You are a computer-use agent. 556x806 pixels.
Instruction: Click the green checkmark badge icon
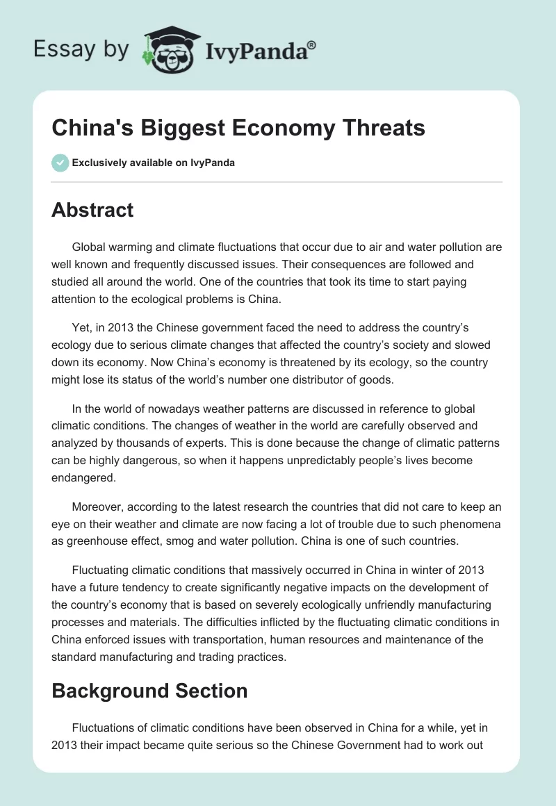[60, 163]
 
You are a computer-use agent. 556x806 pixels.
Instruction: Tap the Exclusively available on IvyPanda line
[153, 163]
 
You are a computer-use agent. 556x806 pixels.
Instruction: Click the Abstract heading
[92, 210]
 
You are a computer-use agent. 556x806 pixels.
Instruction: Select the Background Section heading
[149, 691]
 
